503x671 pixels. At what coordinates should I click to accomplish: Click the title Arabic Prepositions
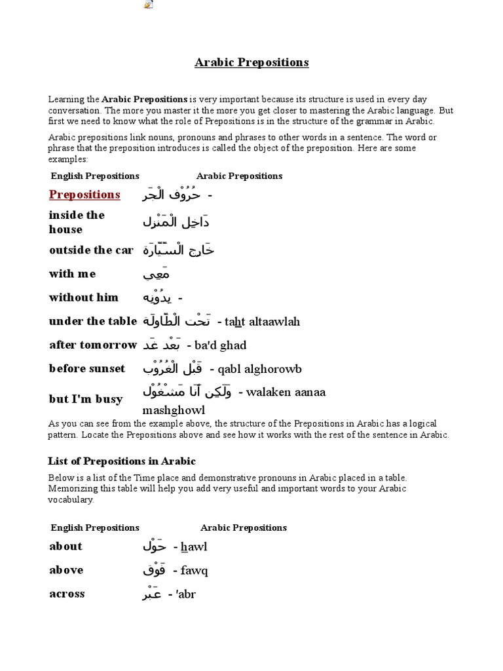click(251, 63)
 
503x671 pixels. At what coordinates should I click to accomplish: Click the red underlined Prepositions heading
click(84, 195)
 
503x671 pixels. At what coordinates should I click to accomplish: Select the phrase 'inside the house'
click(77, 222)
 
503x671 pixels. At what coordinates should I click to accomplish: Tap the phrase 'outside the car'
click(91, 250)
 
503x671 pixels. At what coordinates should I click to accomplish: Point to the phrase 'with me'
click(72, 274)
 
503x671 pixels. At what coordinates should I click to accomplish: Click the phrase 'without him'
click(84, 297)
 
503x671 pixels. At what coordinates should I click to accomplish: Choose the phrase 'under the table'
click(93, 321)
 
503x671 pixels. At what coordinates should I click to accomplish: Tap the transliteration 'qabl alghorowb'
click(259, 369)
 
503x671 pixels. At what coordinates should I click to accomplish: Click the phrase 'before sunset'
click(87, 368)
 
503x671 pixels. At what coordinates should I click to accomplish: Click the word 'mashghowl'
click(174, 410)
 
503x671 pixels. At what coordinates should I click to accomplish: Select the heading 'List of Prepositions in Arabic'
click(122, 461)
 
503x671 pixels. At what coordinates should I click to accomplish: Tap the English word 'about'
click(66, 546)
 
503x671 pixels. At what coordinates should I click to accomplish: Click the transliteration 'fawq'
click(195, 571)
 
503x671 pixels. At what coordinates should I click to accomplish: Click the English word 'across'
click(67, 594)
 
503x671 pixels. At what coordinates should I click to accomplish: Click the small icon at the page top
click(149, 5)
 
